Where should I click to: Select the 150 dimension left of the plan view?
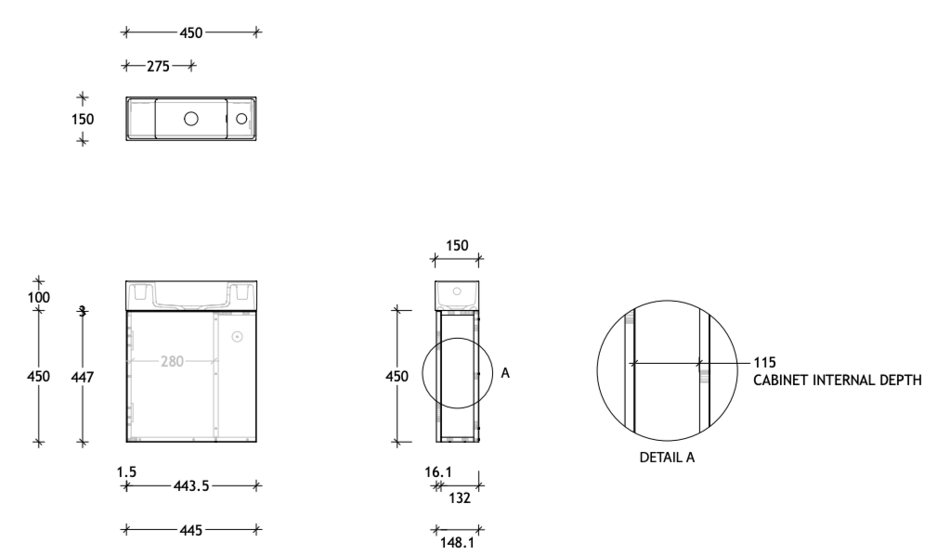82,119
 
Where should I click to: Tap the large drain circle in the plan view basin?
191,119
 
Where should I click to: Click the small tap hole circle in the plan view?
241,119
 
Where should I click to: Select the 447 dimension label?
84,377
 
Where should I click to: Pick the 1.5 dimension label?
127,472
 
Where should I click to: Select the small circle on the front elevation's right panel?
236,337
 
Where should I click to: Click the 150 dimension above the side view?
456,246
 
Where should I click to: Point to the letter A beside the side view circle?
505,372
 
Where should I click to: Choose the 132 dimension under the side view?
460,498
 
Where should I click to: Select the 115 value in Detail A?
764,362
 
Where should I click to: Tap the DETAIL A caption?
667,459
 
